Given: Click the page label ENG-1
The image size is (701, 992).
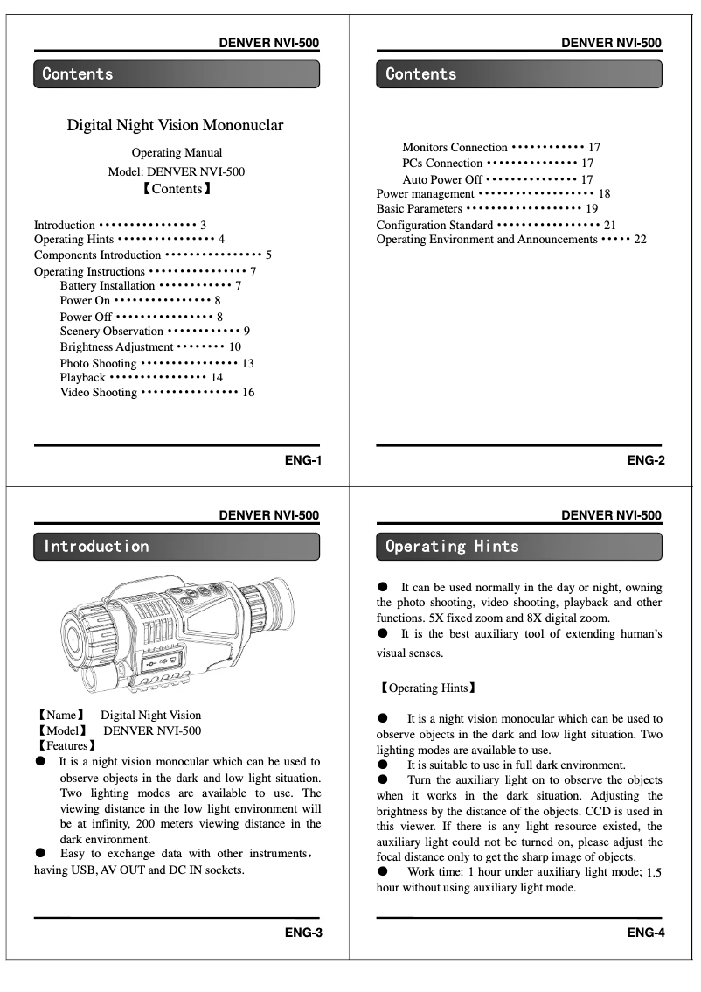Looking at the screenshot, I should point(303,460).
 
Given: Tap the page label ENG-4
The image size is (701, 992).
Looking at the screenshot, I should point(646,933).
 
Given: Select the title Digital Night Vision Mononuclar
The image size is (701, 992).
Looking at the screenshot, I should point(176,125).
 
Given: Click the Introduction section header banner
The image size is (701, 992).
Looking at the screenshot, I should point(177,547).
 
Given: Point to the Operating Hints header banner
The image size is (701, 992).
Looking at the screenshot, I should point(519,547).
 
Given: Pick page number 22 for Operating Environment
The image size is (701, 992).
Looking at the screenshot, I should point(640,240).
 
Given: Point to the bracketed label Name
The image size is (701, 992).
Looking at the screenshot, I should point(60,716).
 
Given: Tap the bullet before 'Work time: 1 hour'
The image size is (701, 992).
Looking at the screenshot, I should point(383,872).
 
